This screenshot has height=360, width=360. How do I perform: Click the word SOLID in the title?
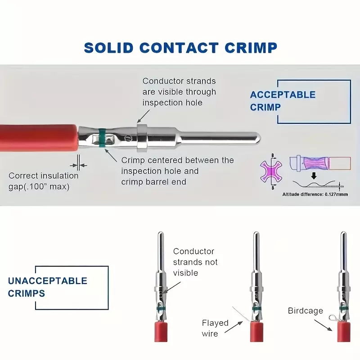108,48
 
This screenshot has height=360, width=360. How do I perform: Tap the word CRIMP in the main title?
251,48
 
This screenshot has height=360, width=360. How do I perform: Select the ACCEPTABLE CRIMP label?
283,101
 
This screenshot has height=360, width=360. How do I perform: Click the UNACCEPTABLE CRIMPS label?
48,287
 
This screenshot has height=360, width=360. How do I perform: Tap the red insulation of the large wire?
39,138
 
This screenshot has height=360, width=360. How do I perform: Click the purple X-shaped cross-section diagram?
271,171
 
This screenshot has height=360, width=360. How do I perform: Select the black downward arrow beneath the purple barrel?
314,176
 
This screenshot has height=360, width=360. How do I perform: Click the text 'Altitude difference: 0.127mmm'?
315,194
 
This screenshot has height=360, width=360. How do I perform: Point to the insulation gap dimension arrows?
78,165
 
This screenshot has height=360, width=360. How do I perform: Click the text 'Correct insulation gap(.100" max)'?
43,181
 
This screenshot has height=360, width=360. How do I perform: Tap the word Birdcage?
306,310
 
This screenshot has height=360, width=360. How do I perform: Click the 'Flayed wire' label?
215,328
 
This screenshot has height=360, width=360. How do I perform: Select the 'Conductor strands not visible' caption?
195,262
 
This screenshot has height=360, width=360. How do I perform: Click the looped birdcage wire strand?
333,318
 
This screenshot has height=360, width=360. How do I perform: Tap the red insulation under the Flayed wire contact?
256,332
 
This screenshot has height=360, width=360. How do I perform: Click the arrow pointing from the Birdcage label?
323,325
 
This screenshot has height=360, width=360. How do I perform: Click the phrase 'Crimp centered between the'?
177,160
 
